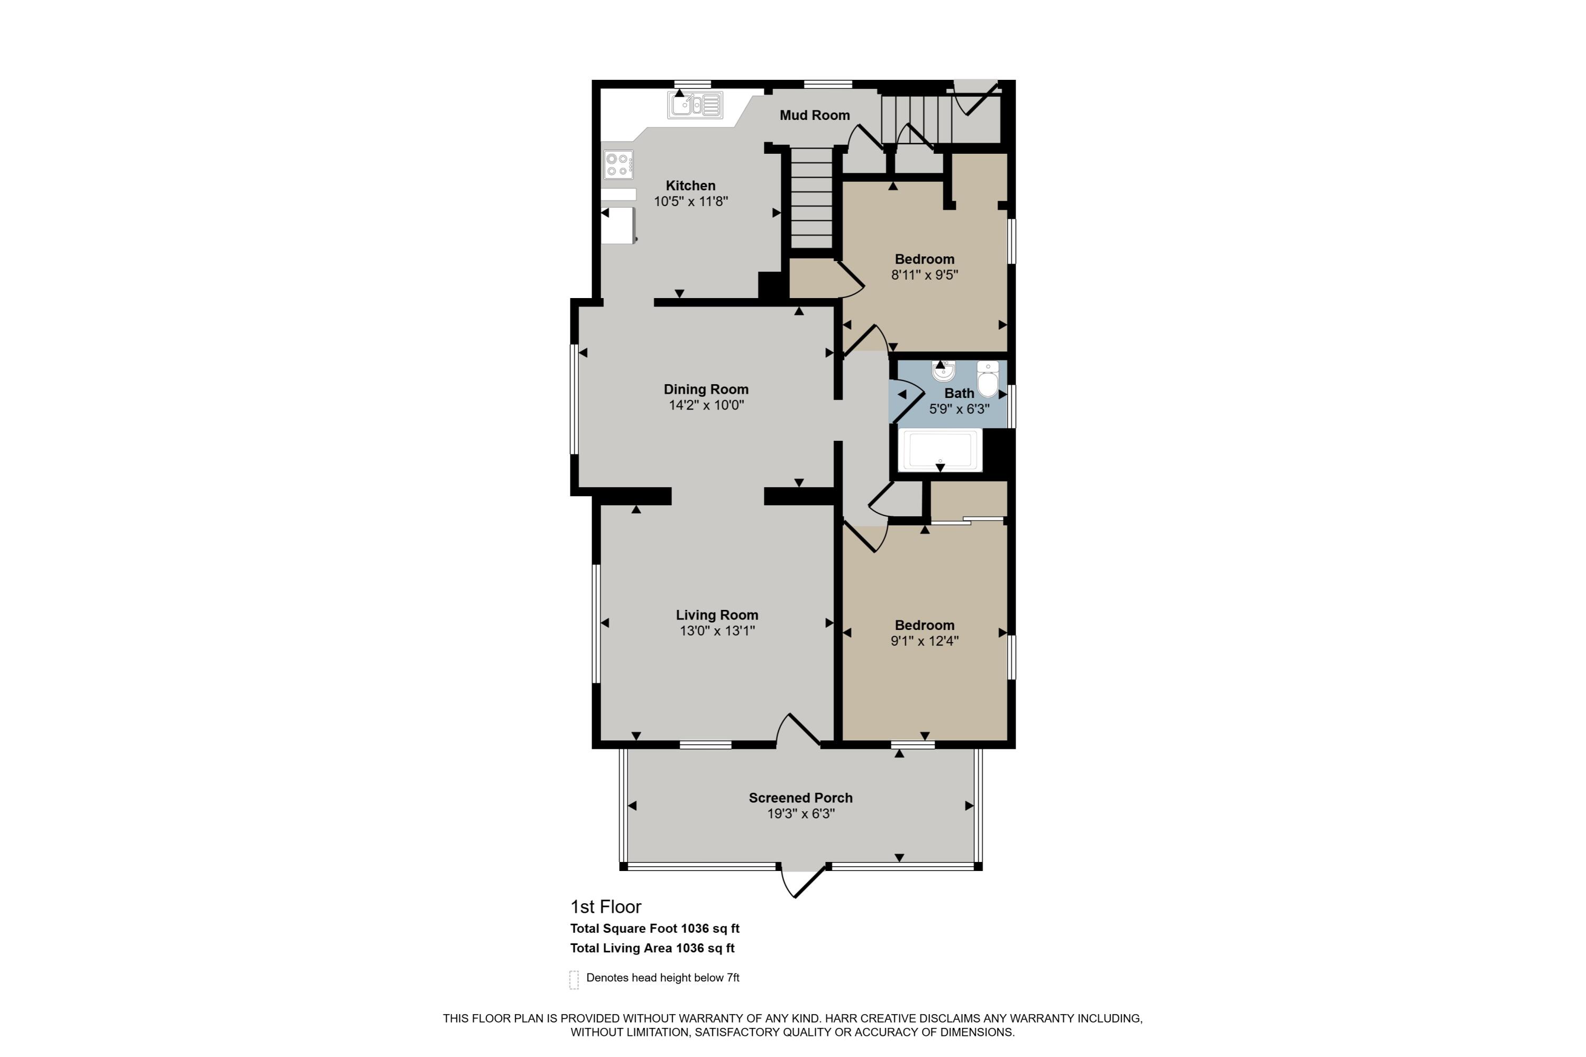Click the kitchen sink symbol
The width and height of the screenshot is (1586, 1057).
point(695,105)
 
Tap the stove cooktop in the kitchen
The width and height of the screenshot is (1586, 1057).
point(619,164)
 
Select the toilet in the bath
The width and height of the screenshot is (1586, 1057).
point(988,379)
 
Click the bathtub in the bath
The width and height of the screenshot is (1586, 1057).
point(940,450)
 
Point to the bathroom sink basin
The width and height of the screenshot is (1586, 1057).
point(943,371)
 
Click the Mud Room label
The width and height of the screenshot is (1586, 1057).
point(815,115)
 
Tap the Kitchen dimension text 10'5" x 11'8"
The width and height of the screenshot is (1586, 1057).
point(690,201)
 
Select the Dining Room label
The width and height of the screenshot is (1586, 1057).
point(706,389)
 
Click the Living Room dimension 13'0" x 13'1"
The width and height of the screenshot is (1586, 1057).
point(717,631)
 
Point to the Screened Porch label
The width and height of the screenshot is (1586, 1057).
point(800,798)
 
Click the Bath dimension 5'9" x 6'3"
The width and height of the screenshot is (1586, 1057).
point(959,409)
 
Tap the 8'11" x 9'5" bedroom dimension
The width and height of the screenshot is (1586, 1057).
point(925,274)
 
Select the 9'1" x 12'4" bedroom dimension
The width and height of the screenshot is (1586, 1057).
point(925,641)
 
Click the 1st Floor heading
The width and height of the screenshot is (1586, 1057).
point(605,907)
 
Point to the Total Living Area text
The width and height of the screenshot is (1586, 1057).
point(652,948)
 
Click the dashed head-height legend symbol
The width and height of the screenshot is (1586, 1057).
point(574,979)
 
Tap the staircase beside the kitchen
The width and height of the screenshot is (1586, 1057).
point(811,199)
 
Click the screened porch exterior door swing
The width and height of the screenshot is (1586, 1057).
point(803,880)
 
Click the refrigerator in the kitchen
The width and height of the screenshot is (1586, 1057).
point(619,225)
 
